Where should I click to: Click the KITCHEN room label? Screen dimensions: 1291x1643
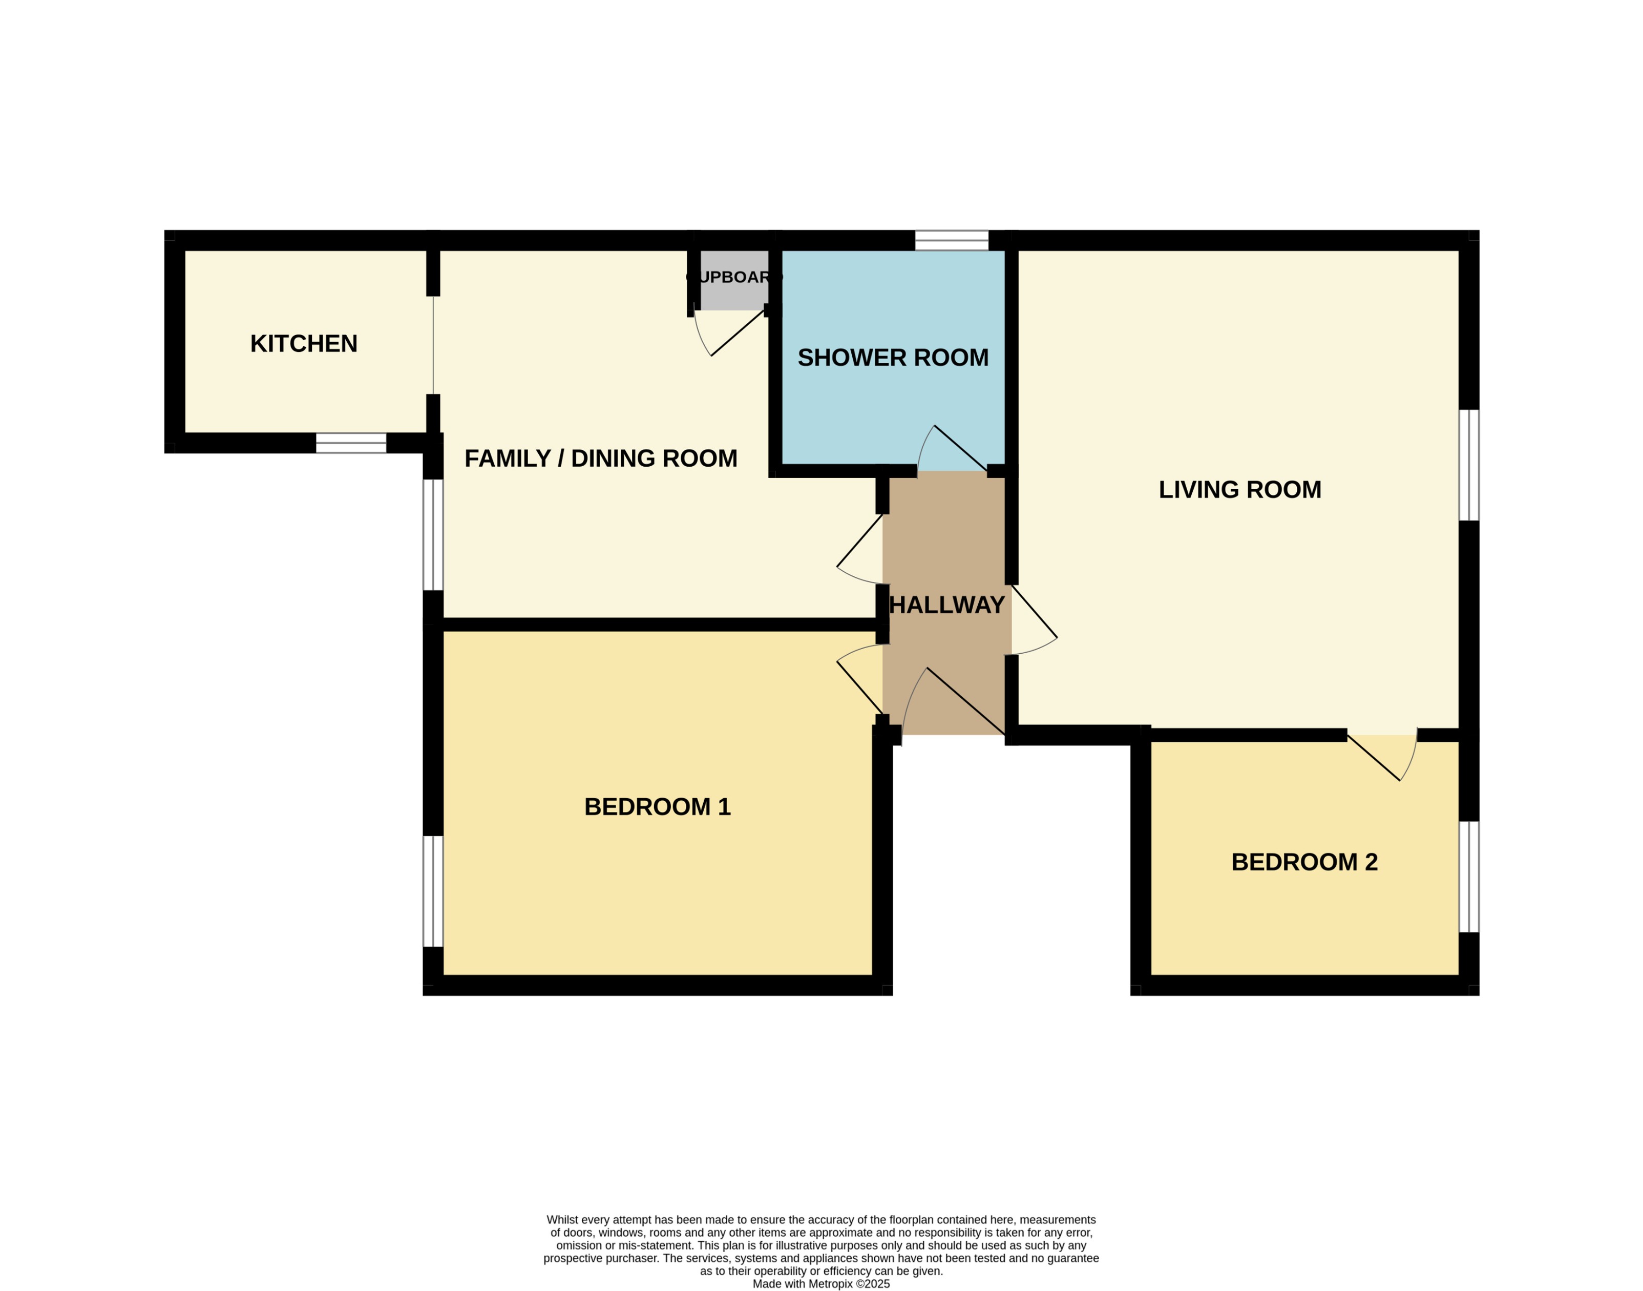[x=303, y=344]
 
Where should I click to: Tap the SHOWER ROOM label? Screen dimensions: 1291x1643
[x=893, y=358]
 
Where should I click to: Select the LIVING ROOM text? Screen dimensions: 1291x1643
[x=1239, y=490]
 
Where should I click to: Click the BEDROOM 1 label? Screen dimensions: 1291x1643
[x=657, y=806]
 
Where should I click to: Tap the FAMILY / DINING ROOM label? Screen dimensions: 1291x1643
[x=600, y=458]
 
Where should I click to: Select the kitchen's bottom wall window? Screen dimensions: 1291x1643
[x=351, y=443]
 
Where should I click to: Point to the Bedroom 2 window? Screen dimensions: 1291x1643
[x=1468, y=877]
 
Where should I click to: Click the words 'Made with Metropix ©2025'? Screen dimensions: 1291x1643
[x=821, y=1283]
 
